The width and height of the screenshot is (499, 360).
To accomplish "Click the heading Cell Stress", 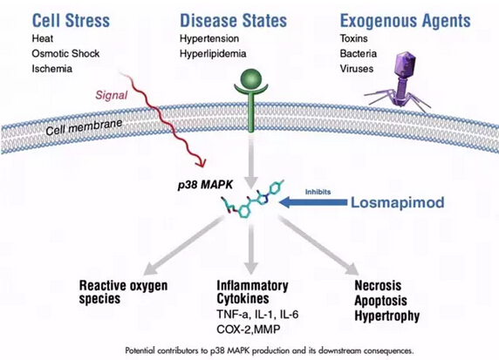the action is [x=71, y=21].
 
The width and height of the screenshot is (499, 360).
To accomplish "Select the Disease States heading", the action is [x=233, y=21].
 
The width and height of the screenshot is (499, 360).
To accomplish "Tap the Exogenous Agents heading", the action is [x=405, y=21].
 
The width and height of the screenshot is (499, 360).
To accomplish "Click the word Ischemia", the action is [x=51, y=69].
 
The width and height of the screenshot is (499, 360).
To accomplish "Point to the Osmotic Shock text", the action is [x=65, y=53].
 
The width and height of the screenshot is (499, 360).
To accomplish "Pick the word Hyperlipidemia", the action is [x=213, y=54].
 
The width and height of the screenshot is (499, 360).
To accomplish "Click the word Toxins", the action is [x=353, y=38].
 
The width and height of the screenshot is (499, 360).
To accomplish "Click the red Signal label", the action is [x=112, y=95].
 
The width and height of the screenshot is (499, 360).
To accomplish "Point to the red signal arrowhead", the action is [x=201, y=162].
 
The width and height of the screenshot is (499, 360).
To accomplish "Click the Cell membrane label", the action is [x=84, y=127].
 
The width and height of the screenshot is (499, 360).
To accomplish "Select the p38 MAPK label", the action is [x=205, y=185].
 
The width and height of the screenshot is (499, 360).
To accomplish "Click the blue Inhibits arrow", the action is [x=313, y=202].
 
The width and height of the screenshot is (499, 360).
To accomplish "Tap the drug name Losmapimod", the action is [x=398, y=202].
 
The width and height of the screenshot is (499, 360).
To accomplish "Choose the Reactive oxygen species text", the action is [x=123, y=292].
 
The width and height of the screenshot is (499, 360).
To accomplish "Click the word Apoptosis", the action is [x=380, y=301].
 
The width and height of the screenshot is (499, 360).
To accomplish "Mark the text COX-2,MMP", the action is [x=249, y=329].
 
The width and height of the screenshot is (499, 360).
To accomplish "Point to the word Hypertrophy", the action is [x=387, y=316].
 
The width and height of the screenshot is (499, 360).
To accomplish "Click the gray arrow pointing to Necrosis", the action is [x=318, y=245].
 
